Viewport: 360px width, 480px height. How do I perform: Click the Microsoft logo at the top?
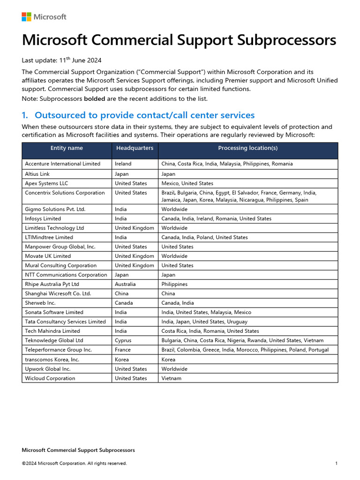point(44,17)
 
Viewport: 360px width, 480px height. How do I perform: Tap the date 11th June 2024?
point(80,60)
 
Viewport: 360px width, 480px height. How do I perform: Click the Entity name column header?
point(67,148)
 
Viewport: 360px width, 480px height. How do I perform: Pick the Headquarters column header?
point(135,148)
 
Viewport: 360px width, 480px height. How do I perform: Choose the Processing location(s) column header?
point(247,148)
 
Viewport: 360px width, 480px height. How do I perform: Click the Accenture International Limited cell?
point(62,164)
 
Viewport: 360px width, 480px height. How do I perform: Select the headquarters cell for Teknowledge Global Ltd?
point(123,340)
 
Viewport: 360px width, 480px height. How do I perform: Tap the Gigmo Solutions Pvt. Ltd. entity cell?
point(55,209)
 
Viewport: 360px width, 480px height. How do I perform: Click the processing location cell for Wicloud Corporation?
point(172,378)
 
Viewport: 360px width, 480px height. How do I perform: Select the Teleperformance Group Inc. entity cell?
point(58,350)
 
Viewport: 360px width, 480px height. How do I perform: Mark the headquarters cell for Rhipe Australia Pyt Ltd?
point(125,284)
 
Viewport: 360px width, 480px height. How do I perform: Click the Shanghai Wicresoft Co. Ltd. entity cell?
point(58,293)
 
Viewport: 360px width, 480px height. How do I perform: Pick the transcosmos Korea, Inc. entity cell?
point(52,360)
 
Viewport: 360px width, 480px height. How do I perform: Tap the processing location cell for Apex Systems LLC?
point(187,183)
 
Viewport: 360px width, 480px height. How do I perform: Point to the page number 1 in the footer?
point(336,464)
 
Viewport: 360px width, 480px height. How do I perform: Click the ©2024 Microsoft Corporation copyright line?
point(74,464)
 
